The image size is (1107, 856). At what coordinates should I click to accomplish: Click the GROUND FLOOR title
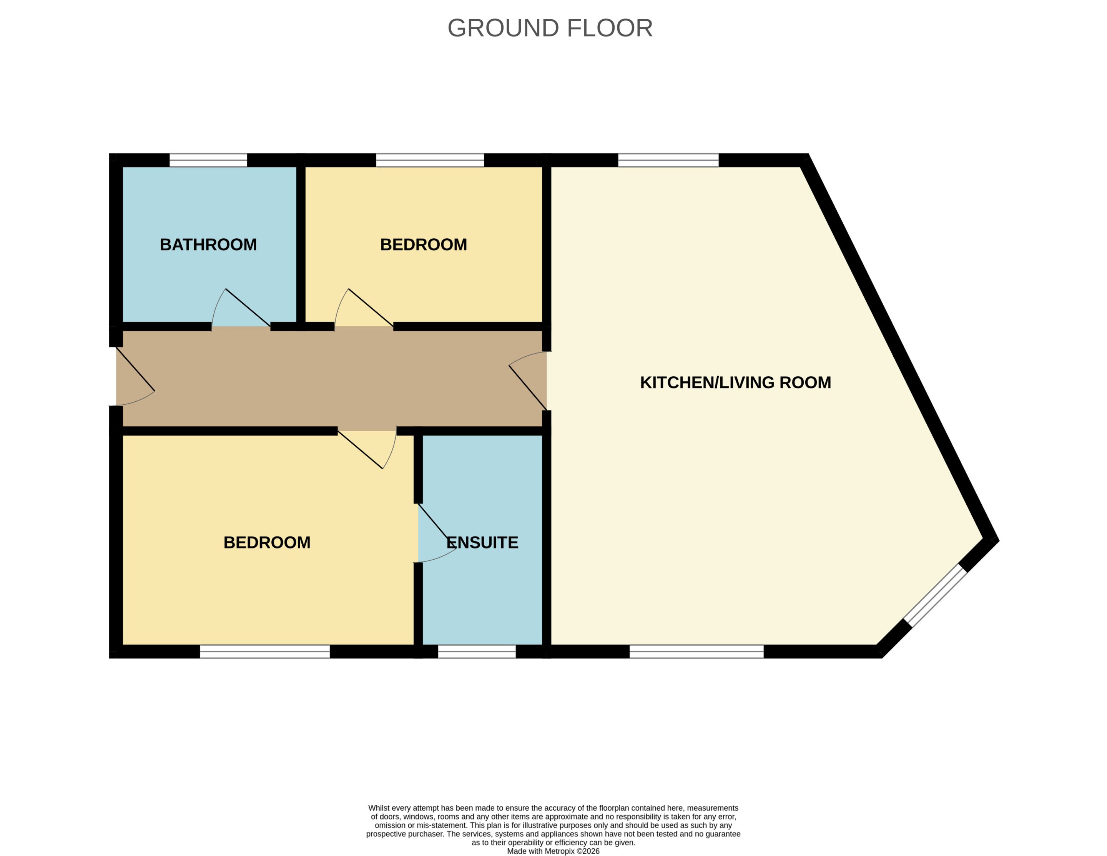[x=550, y=28]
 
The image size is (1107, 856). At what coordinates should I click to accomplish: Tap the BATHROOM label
[x=208, y=245]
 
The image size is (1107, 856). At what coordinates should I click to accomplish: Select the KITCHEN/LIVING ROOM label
[x=735, y=382]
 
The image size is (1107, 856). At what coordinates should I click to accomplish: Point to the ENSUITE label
[x=482, y=543]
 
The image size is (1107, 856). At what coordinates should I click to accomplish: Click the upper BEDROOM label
[x=423, y=245]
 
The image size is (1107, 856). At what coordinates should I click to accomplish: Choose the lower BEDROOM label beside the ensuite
[x=267, y=543]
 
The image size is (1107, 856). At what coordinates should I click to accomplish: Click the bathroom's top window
[x=208, y=160]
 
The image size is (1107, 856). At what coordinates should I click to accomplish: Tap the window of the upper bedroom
[x=430, y=160]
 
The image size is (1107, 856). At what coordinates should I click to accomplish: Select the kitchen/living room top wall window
[x=668, y=160]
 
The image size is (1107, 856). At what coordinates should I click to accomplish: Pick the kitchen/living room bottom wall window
[x=696, y=652]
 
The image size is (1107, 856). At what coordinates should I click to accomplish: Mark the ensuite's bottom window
[x=477, y=652]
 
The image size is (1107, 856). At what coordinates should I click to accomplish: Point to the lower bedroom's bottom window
[x=265, y=652]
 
